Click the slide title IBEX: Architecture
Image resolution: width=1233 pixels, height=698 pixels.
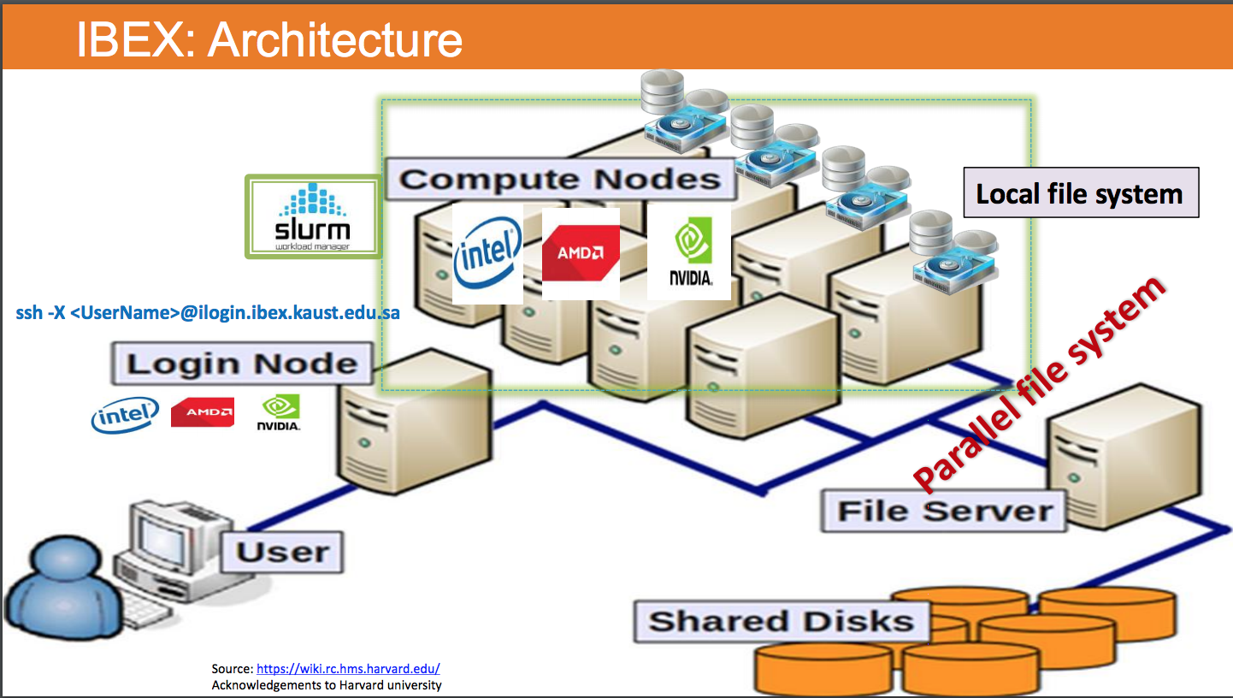(269, 38)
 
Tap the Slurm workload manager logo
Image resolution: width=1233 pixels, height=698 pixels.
(313, 216)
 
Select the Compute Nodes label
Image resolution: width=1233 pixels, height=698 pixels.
(560, 179)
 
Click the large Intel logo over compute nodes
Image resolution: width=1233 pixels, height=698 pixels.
(488, 254)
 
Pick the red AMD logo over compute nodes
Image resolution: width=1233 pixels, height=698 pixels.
(581, 253)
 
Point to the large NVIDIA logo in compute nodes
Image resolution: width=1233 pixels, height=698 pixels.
(689, 253)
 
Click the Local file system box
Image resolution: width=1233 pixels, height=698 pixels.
(1080, 193)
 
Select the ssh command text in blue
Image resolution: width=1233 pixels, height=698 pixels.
(208, 313)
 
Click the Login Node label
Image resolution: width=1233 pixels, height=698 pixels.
(242, 364)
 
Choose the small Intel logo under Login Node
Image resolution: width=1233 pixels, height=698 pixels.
(125, 414)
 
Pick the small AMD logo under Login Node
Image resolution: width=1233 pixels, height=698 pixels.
(203, 412)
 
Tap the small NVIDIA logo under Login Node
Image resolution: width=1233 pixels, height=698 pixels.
(279, 412)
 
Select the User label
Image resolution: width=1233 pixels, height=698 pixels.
(283, 552)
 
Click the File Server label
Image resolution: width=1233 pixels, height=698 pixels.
(944, 512)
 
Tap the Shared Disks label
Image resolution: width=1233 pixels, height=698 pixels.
(780, 621)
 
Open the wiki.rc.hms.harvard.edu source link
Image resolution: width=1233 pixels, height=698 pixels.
(348, 669)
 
